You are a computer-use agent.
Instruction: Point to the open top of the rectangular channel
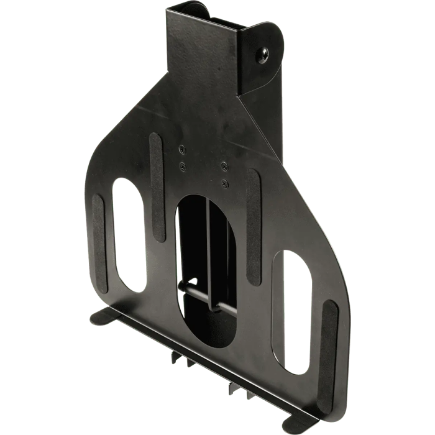coord(208,19)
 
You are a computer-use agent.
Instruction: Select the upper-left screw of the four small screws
coord(181,149)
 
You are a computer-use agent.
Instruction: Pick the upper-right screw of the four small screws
coord(222,166)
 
